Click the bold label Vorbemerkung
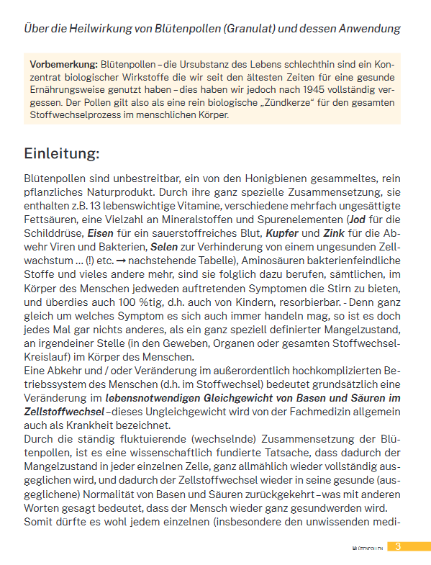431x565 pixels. [x=63, y=64]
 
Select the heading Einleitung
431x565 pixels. [x=62, y=153]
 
